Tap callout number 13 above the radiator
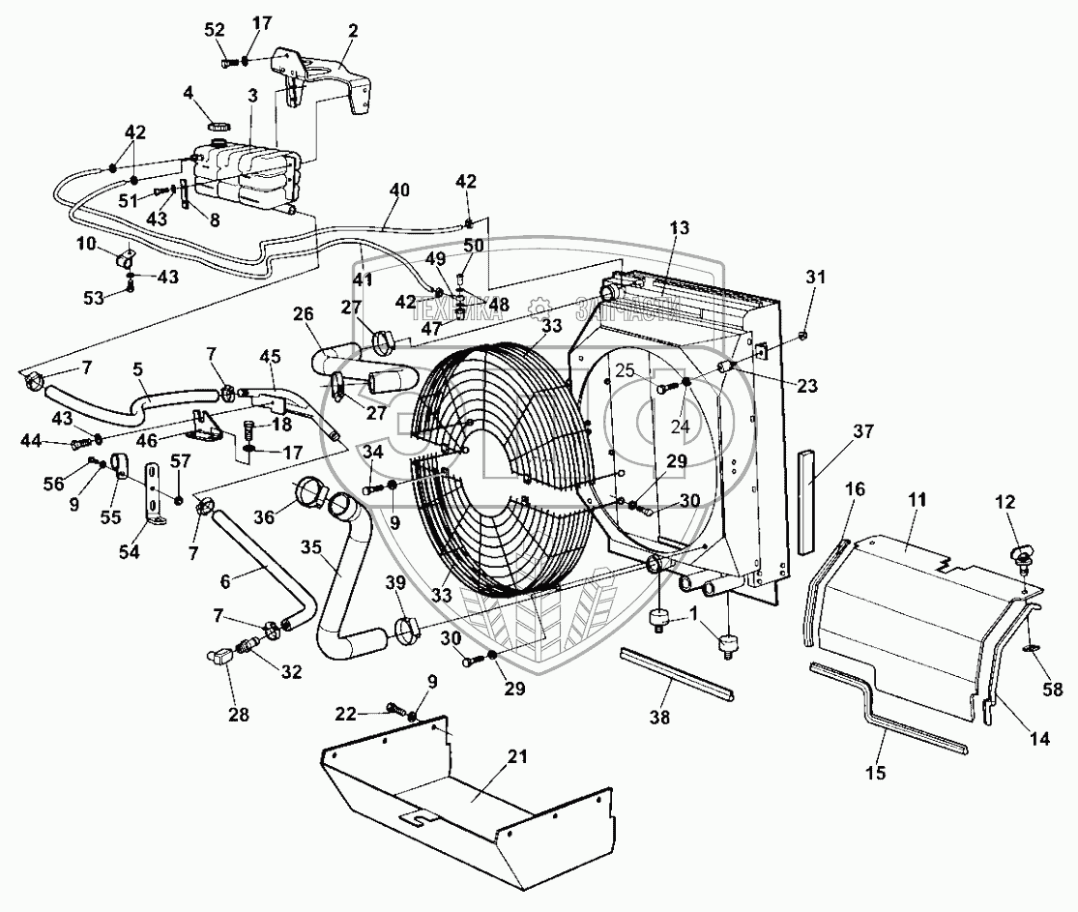[680, 228]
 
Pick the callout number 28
[238, 716]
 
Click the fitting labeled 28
[222, 657]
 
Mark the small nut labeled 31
[805, 336]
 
